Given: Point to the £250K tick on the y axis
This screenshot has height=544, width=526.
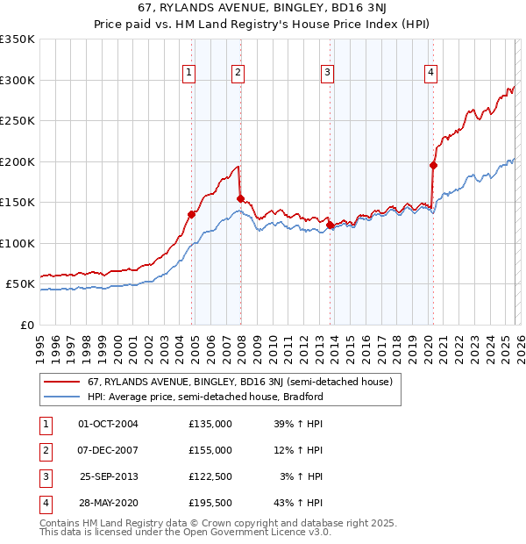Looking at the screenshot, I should pos(18,121).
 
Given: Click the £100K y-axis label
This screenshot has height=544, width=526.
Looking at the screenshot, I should pos(18,243).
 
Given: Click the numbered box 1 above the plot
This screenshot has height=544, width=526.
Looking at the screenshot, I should pos(189,73).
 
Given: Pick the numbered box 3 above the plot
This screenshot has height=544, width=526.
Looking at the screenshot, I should pos(327,73).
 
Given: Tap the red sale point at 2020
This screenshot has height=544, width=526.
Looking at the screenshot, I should pos(433,165).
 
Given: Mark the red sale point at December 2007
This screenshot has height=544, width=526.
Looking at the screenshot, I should pos(240,198).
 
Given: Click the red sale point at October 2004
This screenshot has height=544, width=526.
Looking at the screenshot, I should pos(191,214).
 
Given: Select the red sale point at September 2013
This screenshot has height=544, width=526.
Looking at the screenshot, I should pos(330,225).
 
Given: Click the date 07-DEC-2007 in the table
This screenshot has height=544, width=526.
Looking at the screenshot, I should pos(109,450).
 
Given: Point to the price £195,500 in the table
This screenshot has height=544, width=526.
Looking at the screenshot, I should pos(210,503).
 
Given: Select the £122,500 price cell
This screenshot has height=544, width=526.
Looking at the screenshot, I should pos(210,476).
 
